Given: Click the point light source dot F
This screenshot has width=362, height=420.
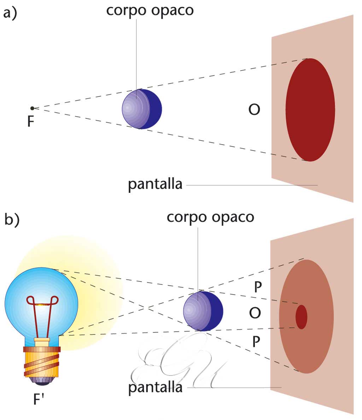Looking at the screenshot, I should point(32,108).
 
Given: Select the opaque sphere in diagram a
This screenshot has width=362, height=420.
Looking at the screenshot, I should point(142,109).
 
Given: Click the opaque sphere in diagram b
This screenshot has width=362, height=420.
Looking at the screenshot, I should point(203,311).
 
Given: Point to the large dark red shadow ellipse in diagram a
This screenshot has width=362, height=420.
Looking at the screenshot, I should point(310,110).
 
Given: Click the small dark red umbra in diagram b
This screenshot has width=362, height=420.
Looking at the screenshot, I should point(301,317).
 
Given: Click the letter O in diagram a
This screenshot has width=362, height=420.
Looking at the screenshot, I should point(254,110).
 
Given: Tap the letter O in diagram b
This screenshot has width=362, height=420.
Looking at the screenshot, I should point(255,313).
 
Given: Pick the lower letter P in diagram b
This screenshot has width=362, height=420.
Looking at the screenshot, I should point(257,341).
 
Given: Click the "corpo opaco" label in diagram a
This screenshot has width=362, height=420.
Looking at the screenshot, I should point(150,11).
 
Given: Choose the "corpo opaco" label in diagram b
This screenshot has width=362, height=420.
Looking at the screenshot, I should point(210,217).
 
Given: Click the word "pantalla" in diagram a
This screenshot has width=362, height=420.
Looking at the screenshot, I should point(155,184).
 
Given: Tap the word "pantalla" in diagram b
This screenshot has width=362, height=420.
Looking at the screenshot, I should point(155,388).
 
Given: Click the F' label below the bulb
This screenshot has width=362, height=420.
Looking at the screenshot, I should point(39,400).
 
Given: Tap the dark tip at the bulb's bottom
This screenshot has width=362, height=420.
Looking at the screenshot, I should point(42,380).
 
